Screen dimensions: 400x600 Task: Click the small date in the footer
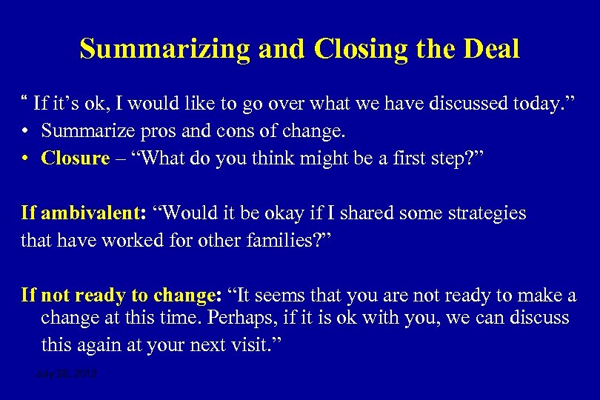point(67,375)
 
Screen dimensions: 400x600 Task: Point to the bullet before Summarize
point(26,131)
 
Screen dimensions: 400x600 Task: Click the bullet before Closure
point(26,159)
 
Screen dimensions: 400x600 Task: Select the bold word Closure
point(76,159)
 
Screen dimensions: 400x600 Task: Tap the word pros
point(164,131)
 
